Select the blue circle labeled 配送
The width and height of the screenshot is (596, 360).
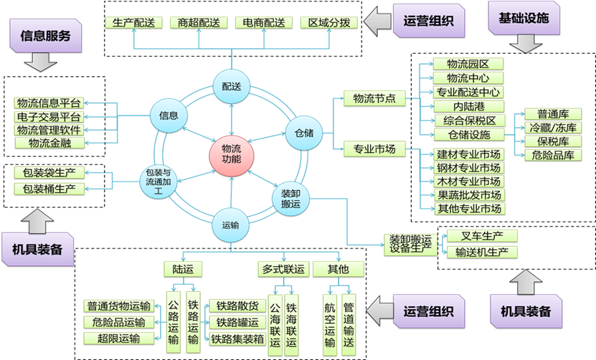[x=232, y=87]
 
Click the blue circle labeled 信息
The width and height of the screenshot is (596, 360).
[x=169, y=114]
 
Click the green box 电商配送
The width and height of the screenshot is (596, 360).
[x=264, y=22]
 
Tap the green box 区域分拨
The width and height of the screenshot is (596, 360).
[x=329, y=22]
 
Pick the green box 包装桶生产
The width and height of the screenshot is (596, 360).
[x=49, y=189]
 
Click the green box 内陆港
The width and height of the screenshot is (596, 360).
[x=468, y=106]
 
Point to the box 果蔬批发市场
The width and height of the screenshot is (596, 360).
[x=469, y=195]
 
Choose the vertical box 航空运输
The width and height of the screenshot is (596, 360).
[x=330, y=323]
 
